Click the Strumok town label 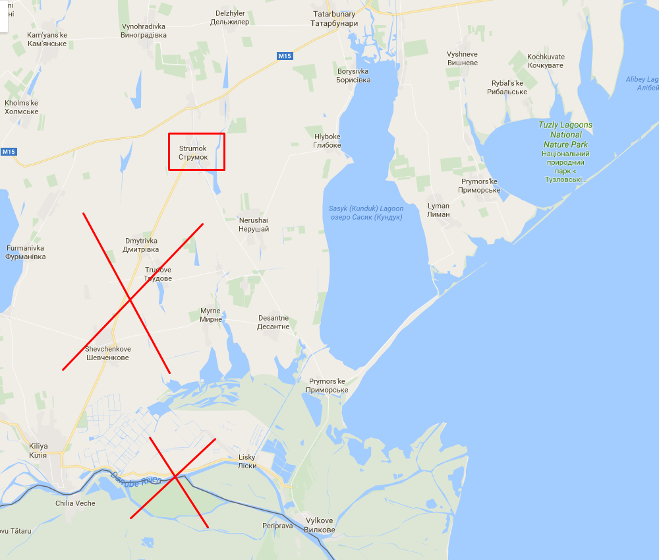[193, 152]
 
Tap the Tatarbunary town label [333, 18]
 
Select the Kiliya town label [38, 451]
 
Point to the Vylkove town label [320, 525]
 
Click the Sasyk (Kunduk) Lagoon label [366, 213]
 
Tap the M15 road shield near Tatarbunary [284, 56]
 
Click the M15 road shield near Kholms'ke [8, 152]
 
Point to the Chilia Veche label [75, 503]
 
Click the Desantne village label [273, 322]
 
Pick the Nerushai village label [254, 224]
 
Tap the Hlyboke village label [327, 140]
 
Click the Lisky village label [247, 461]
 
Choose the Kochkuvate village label [546, 61]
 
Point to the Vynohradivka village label [144, 30]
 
